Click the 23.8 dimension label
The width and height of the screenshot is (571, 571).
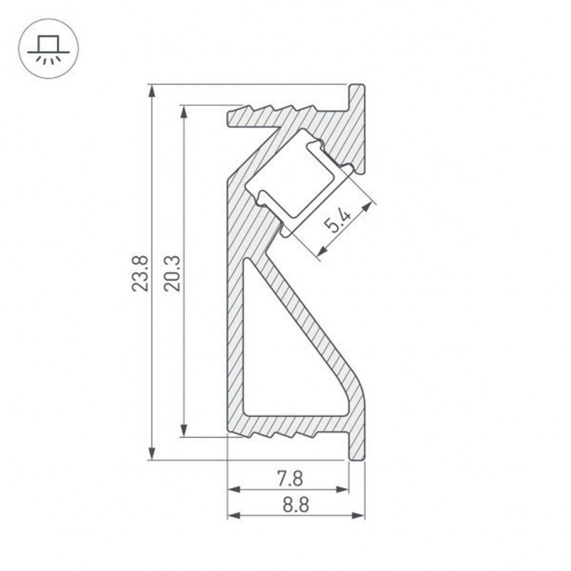pyautogui.click(x=140, y=273)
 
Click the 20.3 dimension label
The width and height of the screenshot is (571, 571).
pyautogui.click(x=172, y=273)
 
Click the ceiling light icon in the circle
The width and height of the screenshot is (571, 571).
pyautogui.click(x=48, y=49)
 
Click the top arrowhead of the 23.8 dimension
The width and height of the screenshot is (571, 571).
pyautogui.click(x=152, y=91)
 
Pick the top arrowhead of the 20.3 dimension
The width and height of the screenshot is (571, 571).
pyautogui.click(x=185, y=112)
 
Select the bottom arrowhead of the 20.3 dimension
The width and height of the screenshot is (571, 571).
pyautogui.click(x=185, y=431)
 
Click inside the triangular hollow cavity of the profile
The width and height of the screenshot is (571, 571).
pyautogui.click(x=283, y=365)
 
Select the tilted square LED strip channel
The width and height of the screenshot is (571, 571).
pyautogui.click(x=288, y=177)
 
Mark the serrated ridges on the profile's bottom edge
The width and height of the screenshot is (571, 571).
pyautogui.click(x=277, y=434)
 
